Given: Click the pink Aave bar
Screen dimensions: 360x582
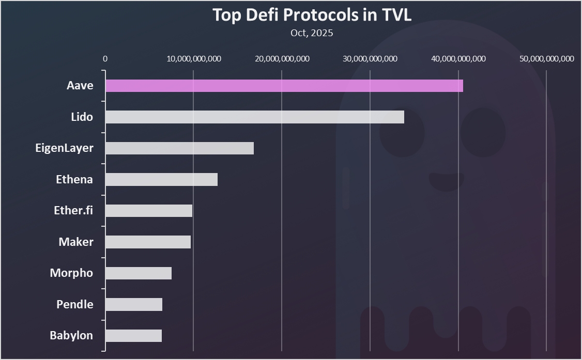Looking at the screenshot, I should pos(284,86).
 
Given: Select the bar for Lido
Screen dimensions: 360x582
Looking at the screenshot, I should pos(254,117).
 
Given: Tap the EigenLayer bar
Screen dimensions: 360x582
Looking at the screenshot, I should pos(179,148).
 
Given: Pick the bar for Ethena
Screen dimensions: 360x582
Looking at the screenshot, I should pos(161,179).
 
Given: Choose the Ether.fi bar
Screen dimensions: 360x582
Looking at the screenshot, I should pos(149,211).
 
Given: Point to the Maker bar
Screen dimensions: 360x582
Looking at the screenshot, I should pos(148,242).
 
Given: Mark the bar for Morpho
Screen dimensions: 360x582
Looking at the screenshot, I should pos(138,273).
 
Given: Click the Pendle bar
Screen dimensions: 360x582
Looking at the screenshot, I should pos(133,304).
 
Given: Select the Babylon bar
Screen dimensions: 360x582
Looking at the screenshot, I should pos(133,336).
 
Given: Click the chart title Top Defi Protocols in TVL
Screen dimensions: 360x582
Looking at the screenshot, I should pos(312,15).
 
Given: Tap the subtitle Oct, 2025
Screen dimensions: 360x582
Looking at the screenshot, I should pos(312,33).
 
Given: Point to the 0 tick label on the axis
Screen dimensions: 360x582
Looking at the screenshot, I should pos(105,59).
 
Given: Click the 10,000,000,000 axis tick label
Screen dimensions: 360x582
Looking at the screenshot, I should pos(194,59).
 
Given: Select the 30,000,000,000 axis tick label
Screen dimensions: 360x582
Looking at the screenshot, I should pos(370,59).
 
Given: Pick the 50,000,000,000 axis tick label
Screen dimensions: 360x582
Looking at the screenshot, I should pos(546,59).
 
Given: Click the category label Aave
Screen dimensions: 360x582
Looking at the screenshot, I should pos(80,86).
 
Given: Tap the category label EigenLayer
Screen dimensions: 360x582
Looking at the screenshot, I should pos(64,148).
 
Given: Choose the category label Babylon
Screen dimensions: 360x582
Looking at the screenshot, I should pos(71,336).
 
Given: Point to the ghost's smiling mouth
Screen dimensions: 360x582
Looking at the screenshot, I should pos(447,181).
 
